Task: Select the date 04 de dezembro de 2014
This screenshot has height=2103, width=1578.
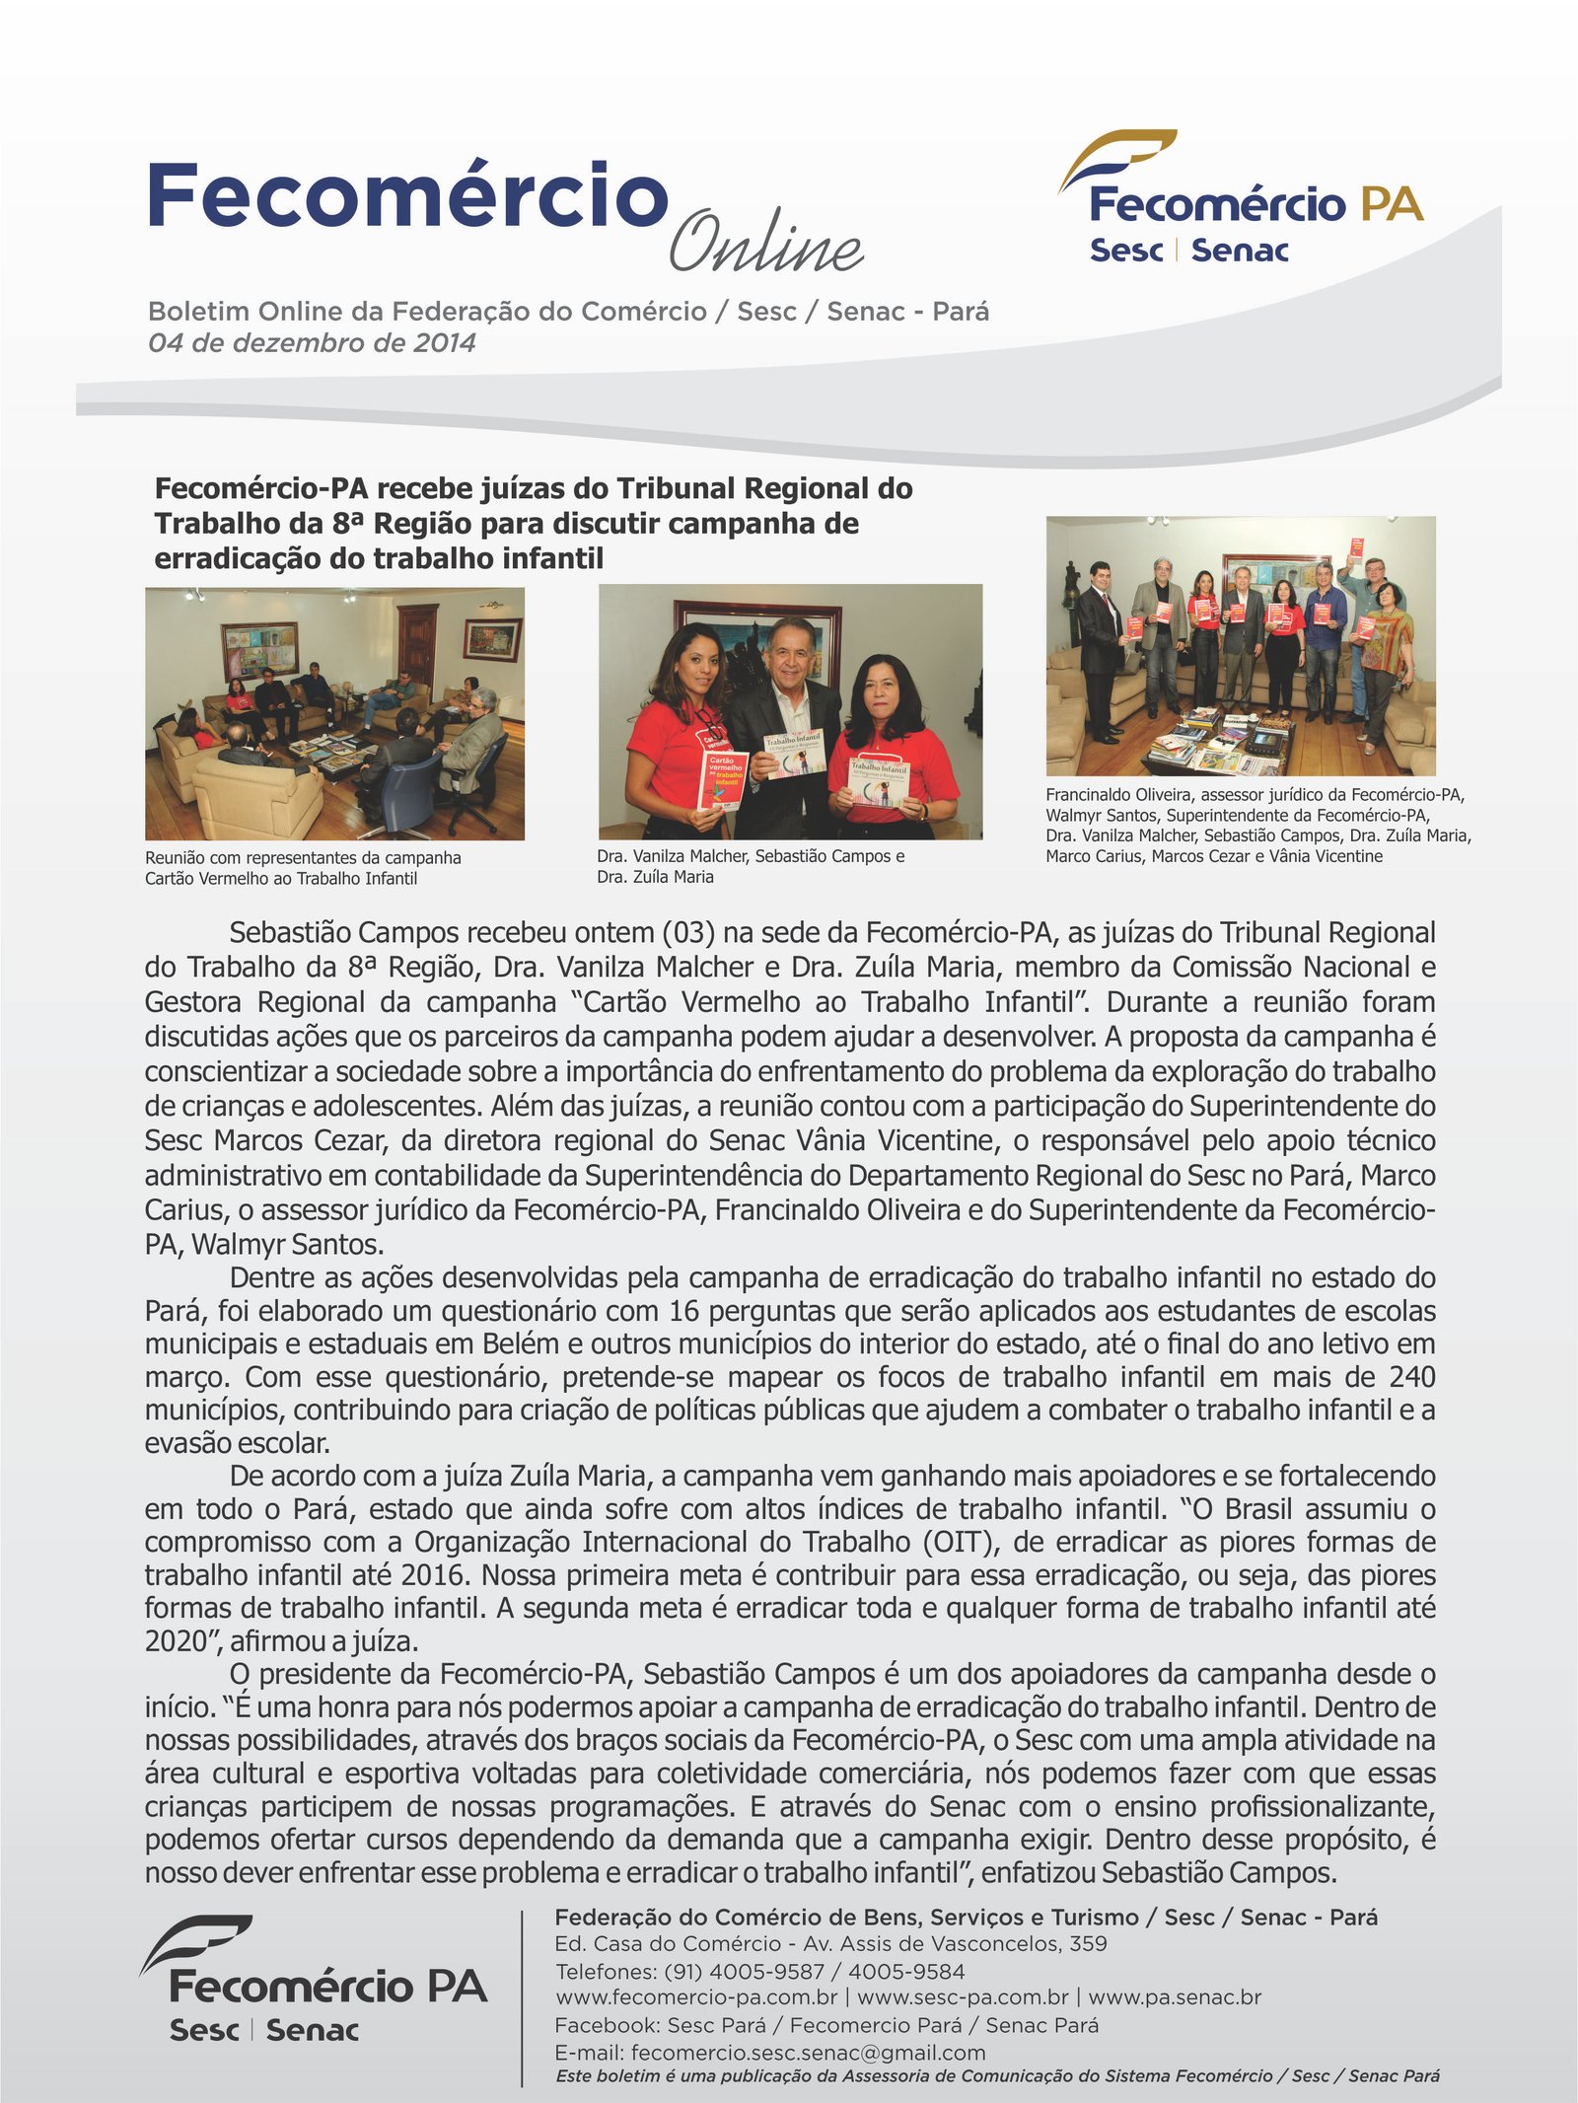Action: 312,343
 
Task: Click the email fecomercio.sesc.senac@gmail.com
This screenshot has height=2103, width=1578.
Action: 808,2053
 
